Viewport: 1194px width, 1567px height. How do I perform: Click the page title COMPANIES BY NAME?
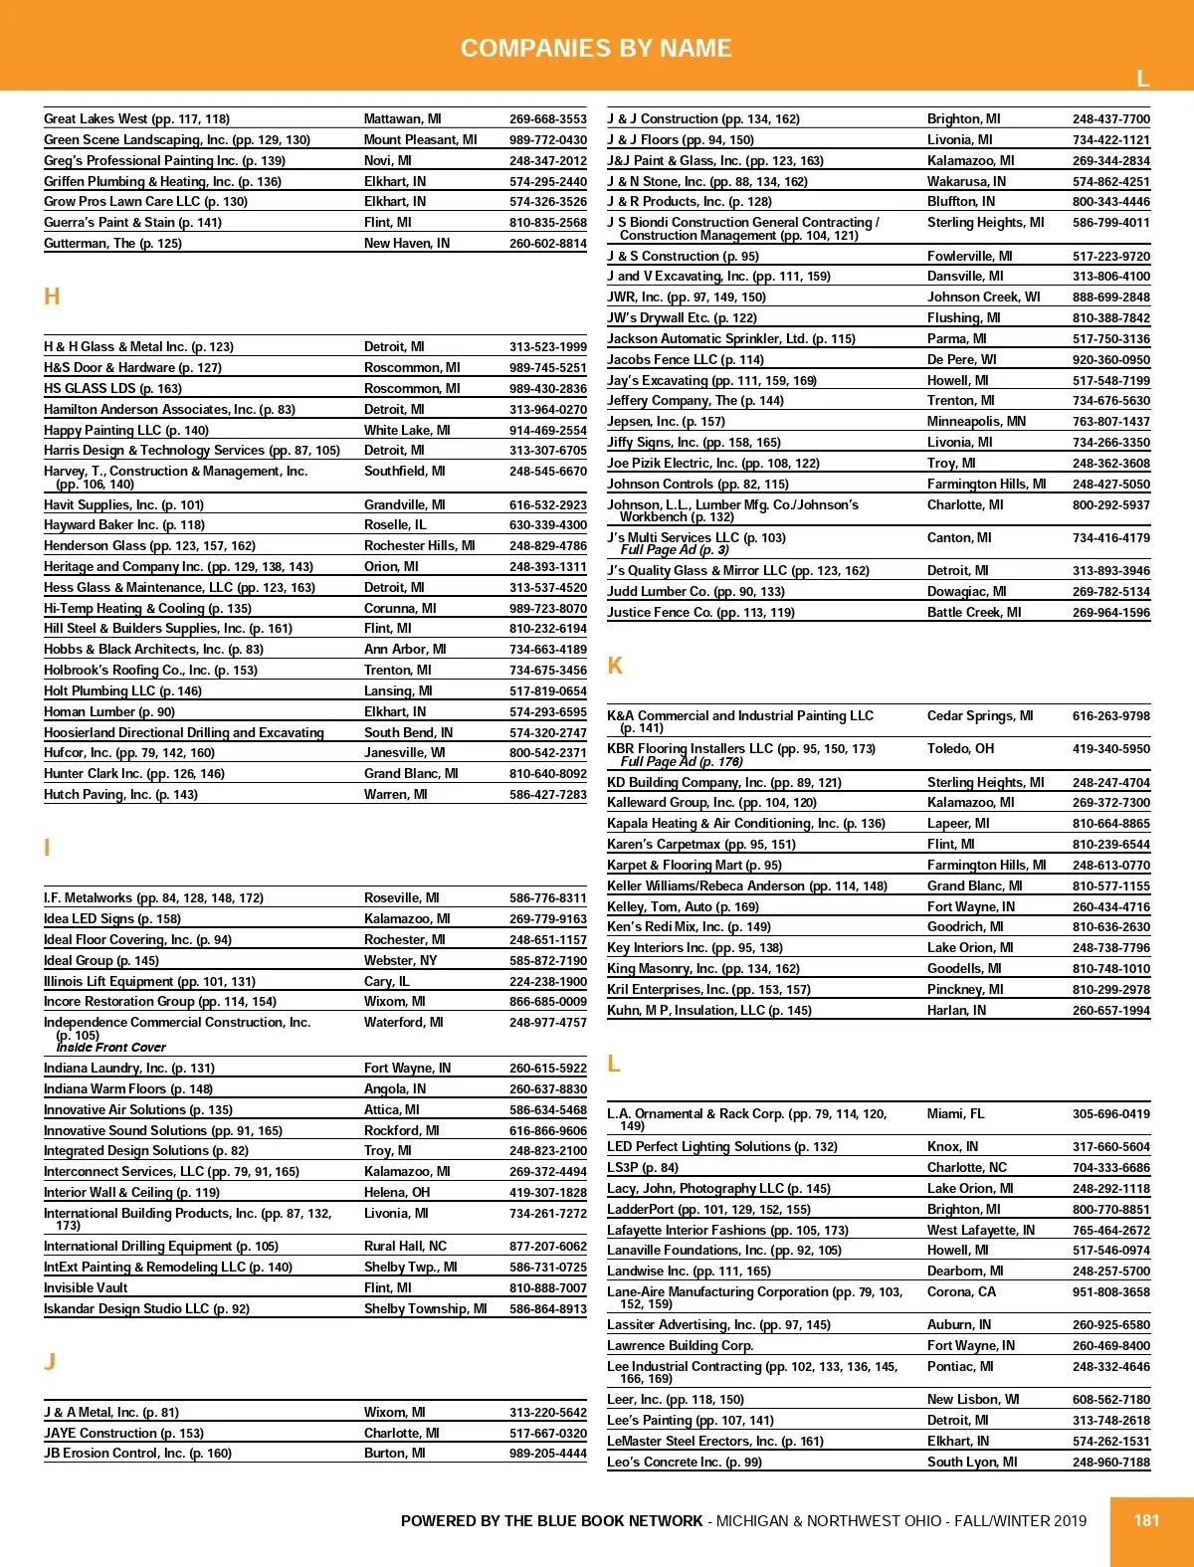[596, 48]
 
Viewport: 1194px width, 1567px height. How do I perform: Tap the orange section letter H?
[52, 296]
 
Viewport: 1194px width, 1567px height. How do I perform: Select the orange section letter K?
[615, 666]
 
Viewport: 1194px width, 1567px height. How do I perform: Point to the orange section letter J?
[50, 1362]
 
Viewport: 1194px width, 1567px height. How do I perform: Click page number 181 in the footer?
[1146, 1520]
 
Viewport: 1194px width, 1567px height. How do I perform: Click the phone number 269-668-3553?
[547, 118]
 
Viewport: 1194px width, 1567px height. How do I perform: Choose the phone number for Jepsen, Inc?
[1110, 421]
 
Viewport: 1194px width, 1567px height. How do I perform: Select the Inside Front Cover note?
[111, 1047]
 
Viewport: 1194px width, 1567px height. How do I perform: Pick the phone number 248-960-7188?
[1110, 1462]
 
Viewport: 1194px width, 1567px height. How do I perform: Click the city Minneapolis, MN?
[976, 421]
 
